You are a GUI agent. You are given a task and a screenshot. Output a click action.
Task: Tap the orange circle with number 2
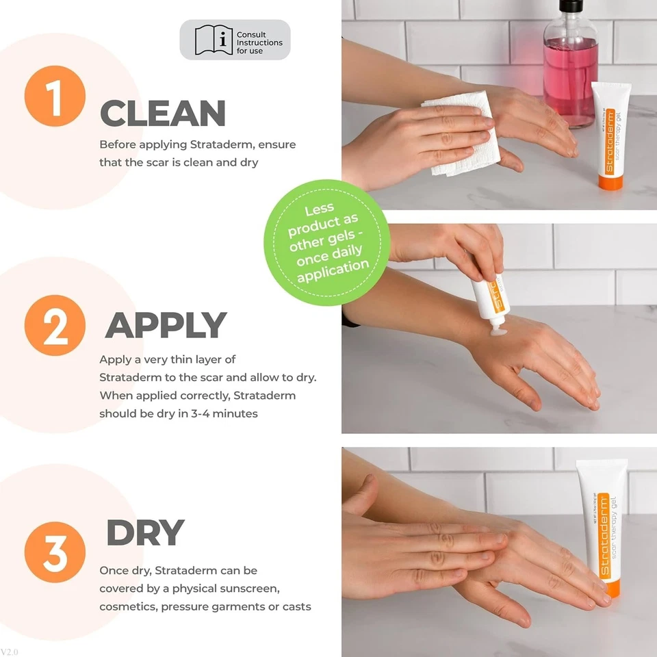[55, 325]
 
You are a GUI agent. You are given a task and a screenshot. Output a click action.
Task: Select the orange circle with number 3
[55, 551]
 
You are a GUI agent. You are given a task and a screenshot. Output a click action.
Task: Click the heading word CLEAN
[163, 114]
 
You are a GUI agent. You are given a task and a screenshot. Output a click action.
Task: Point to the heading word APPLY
[166, 326]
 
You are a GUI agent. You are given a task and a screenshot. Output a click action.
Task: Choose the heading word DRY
[146, 533]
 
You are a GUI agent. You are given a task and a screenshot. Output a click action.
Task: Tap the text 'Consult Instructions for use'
[259, 42]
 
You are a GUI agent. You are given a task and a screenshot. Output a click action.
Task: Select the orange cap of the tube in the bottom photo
[612, 586]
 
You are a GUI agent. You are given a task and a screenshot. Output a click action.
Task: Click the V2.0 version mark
[10, 652]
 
